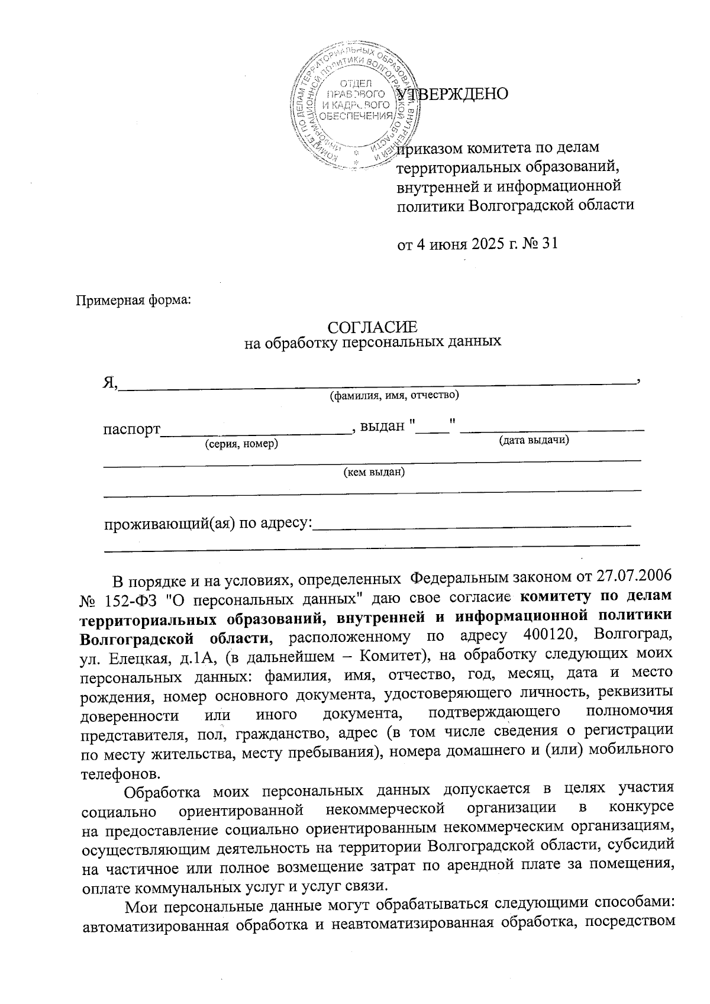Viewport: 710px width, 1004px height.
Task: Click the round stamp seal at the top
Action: (x=355, y=104)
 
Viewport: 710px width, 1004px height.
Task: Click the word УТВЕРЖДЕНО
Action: (x=453, y=93)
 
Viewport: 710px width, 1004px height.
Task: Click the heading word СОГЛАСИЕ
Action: (x=373, y=327)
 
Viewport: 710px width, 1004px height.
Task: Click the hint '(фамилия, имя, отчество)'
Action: (x=394, y=395)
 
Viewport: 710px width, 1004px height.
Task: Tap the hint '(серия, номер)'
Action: (x=241, y=443)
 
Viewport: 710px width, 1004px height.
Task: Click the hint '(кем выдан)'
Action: (x=374, y=472)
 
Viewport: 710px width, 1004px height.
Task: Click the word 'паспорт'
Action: (x=132, y=427)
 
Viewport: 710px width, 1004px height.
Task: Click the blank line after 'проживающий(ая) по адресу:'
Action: (x=472, y=524)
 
